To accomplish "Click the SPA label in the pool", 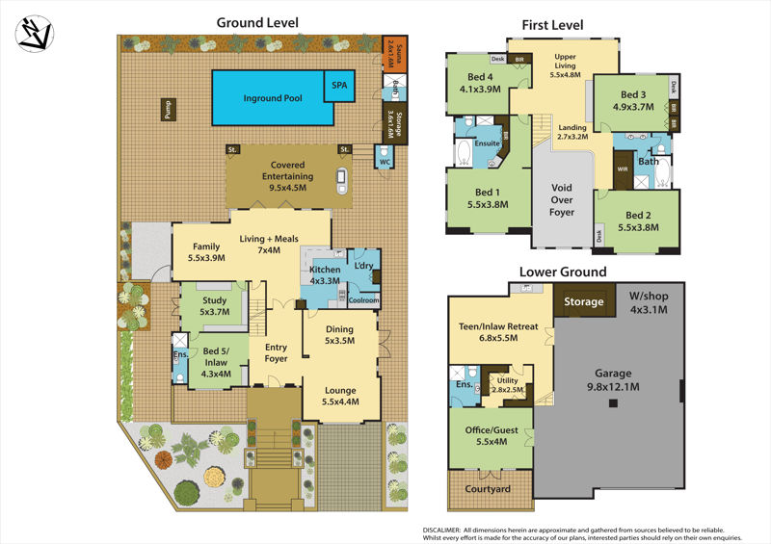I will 340,85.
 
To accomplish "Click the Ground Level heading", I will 257,22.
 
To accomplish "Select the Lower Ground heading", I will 563,272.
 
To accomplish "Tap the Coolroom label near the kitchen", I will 364,299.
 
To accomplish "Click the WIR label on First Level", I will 623,168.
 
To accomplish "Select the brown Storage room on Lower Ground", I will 584,302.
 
